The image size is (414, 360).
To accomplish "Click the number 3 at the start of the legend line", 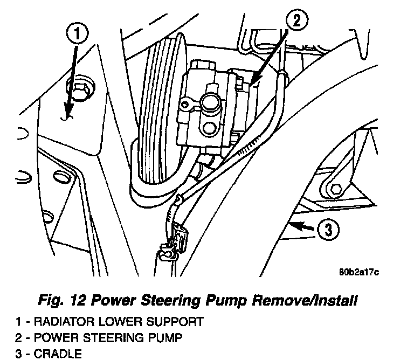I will (x=19, y=354).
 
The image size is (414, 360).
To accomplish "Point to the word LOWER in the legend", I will (x=121, y=322).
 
